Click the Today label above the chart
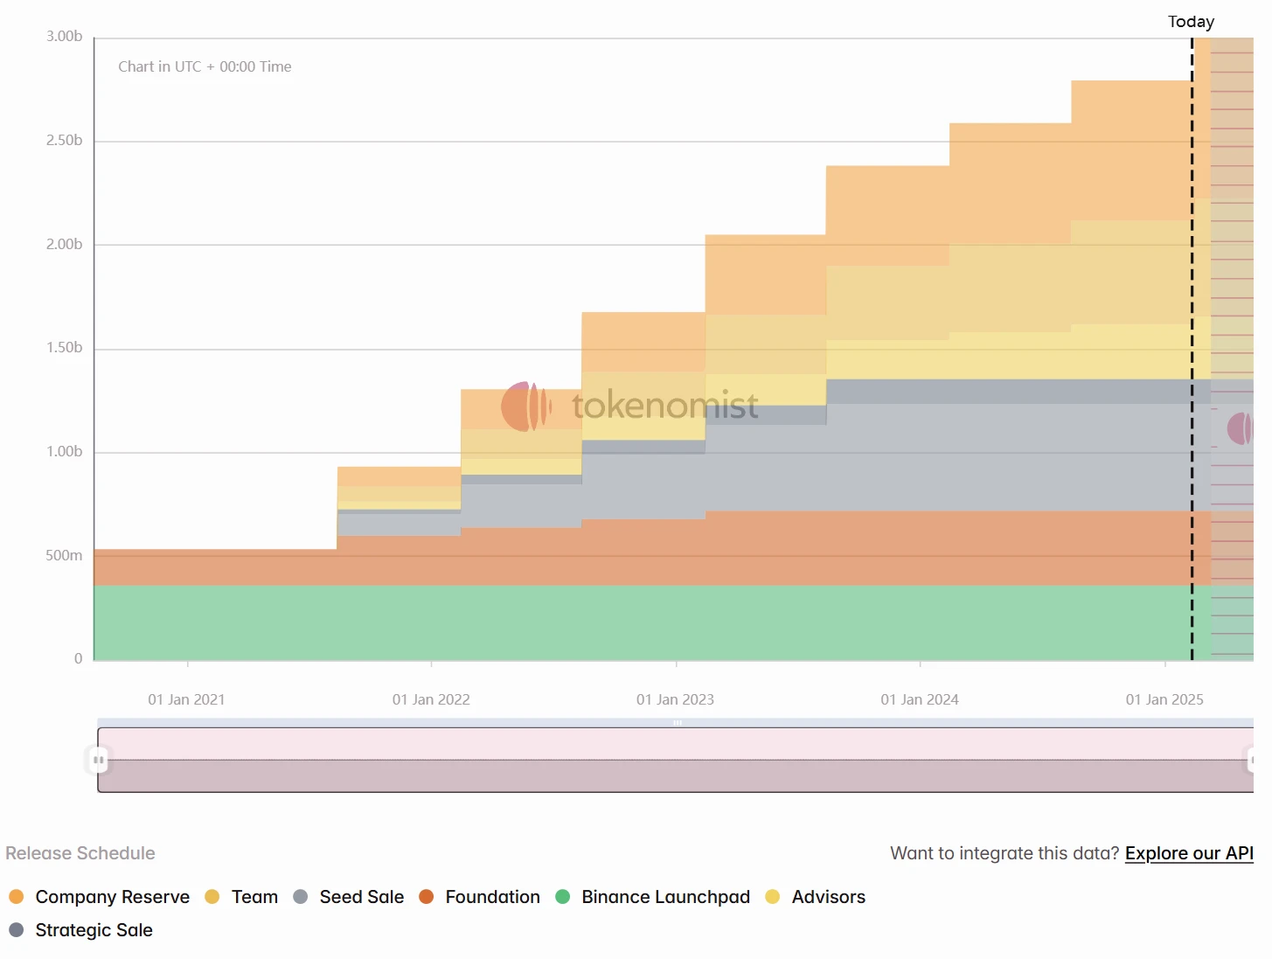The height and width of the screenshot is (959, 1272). pyautogui.click(x=1191, y=22)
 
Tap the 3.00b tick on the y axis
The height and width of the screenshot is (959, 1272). pyautogui.click(x=65, y=37)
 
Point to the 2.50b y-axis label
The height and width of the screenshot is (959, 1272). pyautogui.click(x=65, y=141)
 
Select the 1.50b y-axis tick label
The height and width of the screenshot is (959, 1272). pyautogui.click(x=65, y=348)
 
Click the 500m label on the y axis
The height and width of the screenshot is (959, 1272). pyautogui.click(x=65, y=556)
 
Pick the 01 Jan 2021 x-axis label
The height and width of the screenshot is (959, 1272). pyautogui.click(x=186, y=700)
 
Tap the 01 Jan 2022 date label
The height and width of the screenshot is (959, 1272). pyautogui.click(x=431, y=700)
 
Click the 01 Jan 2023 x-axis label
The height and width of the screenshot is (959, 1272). pyautogui.click(x=675, y=700)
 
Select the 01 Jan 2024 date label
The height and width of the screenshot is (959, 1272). pyautogui.click(x=920, y=700)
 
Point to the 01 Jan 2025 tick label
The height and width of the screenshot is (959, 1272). pyautogui.click(x=1164, y=700)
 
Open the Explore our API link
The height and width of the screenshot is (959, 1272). pyautogui.click(x=1189, y=853)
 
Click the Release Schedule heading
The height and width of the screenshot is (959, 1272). pyautogui.click(x=80, y=853)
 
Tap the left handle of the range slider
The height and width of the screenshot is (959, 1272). pyautogui.click(x=99, y=761)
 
